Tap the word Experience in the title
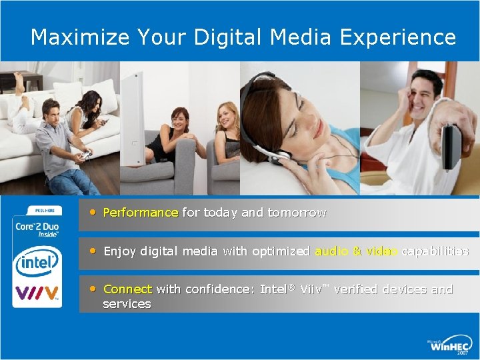tap(398, 37)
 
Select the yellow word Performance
tap(141, 213)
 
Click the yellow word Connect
tap(128, 289)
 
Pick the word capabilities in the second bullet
tap(435, 251)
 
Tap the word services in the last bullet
tap(127, 304)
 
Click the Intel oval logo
tap(37, 262)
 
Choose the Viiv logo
tap(37, 293)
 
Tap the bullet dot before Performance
tap(94, 212)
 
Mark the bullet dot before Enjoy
tap(94, 251)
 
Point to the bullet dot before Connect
tap(94, 289)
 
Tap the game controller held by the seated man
tap(86, 155)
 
